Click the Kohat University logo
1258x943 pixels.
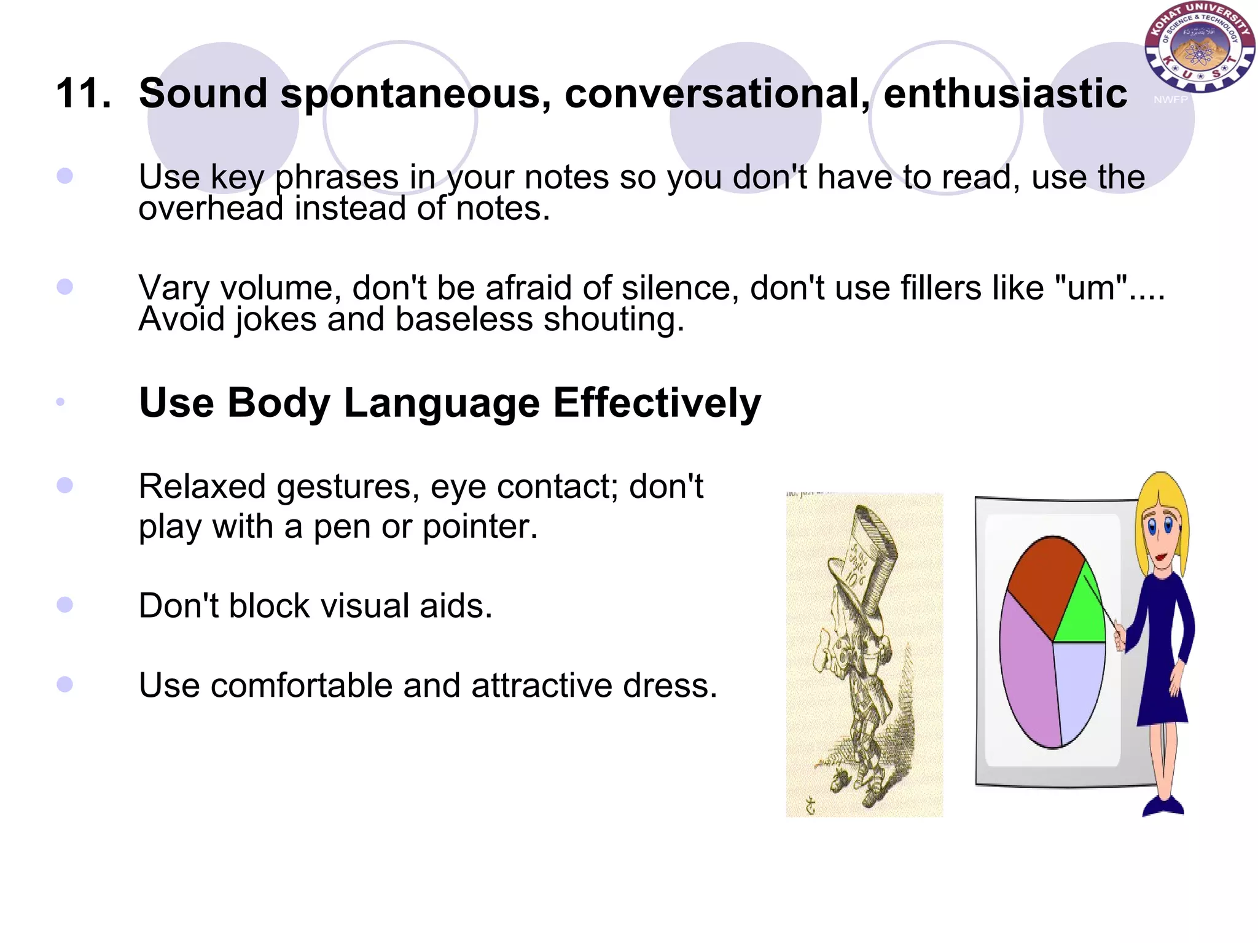click(1198, 47)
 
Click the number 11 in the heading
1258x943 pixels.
click(83, 94)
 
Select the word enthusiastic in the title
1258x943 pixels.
click(1005, 94)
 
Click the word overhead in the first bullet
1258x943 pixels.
click(210, 209)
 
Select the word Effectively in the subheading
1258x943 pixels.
click(657, 403)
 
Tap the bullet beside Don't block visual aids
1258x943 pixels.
click(64, 605)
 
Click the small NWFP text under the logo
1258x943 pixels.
click(1170, 100)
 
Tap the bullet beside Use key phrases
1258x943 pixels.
click(64, 176)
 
